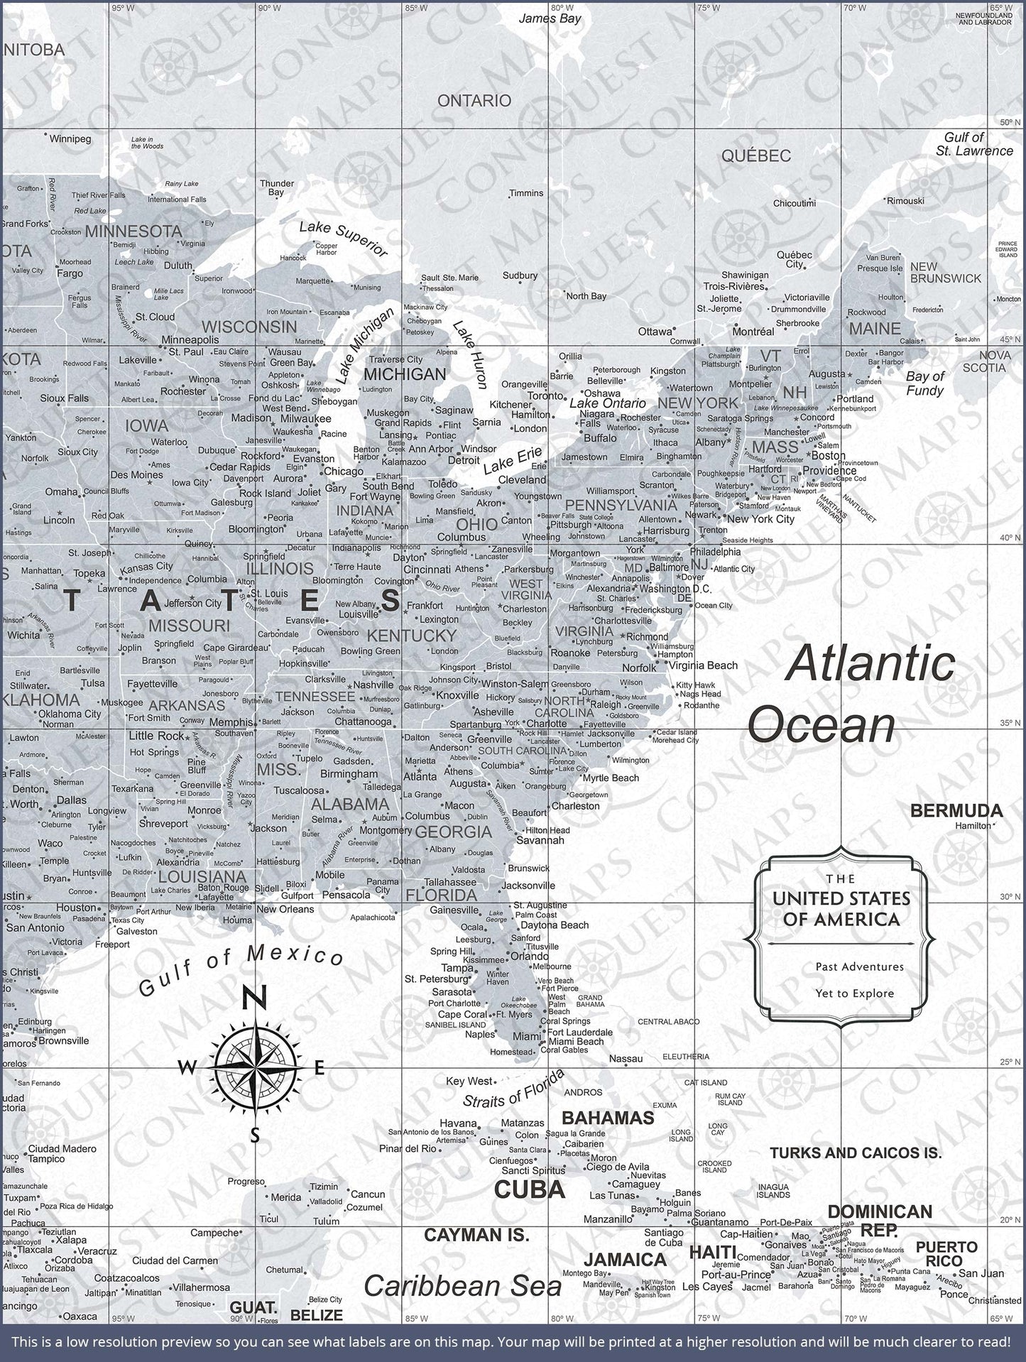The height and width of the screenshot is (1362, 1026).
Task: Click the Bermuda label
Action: [x=956, y=810]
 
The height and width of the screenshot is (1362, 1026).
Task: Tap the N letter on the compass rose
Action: [x=255, y=998]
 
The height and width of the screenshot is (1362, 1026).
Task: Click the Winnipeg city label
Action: [x=70, y=139]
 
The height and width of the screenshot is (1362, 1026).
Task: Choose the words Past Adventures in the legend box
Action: [x=849, y=966]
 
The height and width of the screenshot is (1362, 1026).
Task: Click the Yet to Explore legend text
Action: [x=855, y=993]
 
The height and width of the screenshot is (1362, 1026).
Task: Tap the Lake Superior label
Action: [x=343, y=239]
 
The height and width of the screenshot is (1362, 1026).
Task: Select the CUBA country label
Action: [x=529, y=1189]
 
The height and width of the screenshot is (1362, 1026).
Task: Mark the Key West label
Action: [x=469, y=1081]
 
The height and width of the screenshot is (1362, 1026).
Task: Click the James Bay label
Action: [x=550, y=19]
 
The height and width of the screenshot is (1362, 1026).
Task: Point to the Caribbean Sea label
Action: [x=462, y=1287]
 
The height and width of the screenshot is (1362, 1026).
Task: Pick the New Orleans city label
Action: [x=285, y=909]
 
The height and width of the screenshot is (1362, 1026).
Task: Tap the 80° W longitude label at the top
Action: [x=562, y=8]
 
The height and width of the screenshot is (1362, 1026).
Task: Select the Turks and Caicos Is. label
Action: [x=856, y=1153]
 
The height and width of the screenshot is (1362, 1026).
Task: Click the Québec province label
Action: [x=755, y=156]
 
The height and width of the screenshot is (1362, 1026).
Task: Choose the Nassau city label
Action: [x=626, y=1059]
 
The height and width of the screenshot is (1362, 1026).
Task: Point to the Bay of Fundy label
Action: [x=924, y=383]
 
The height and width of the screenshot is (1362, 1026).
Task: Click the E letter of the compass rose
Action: [x=319, y=1067]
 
